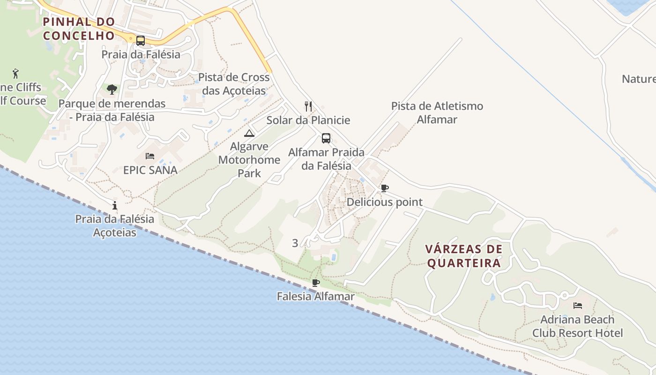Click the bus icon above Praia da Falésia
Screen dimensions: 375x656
pyautogui.click(x=140, y=40)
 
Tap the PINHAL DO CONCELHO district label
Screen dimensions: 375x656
pyautogui.click(x=79, y=29)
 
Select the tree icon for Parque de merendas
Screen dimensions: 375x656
pyautogui.click(x=112, y=89)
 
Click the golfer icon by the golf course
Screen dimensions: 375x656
pyautogui.click(x=16, y=74)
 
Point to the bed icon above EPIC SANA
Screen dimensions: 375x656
pyautogui.click(x=150, y=156)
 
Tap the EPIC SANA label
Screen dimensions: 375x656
pyautogui.click(x=150, y=170)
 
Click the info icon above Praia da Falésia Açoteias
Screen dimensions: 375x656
pyautogui.click(x=115, y=205)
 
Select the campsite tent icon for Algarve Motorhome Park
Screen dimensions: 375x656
pyautogui.click(x=249, y=133)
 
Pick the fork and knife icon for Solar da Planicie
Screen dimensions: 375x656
pyautogui.click(x=308, y=106)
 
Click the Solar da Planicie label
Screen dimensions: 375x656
pyautogui.click(x=308, y=120)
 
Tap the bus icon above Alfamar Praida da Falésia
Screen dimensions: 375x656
pyautogui.click(x=326, y=138)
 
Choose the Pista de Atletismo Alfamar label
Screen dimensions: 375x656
pyautogui.click(x=437, y=112)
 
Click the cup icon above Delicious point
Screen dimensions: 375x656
pyautogui.click(x=384, y=188)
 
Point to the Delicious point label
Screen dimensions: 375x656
pyautogui.click(x=384, y=202)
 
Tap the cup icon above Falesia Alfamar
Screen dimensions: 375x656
pyautogui.click(x=316, y=283)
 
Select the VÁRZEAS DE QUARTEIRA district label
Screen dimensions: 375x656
pyautogui.click(x=464, y=256)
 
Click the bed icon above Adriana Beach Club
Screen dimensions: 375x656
pyautogui.click(x=578, y=306)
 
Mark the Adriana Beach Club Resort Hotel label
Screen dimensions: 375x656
pyautogui.click(x=577, y=326)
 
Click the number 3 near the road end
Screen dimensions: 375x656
pyautogui.click(x=295, y=243)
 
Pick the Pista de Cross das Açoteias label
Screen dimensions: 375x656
pyautogui.click(x=234, y=83)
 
